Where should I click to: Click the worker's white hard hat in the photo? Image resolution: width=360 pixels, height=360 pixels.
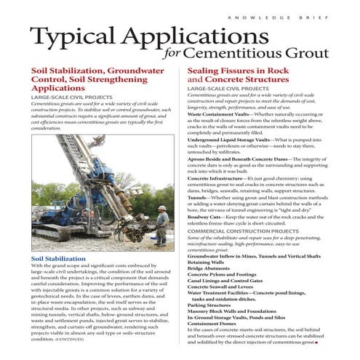tap(162, 210)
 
